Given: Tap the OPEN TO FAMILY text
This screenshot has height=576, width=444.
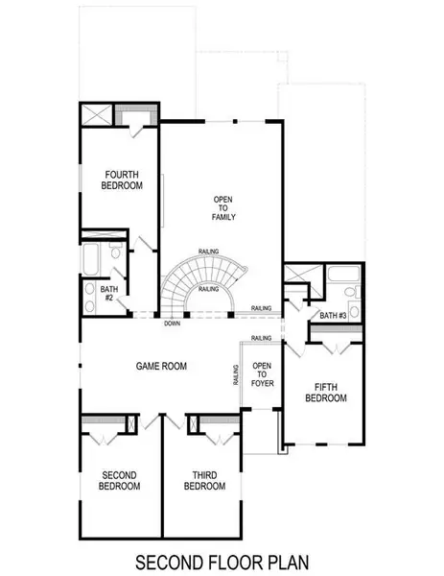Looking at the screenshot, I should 224,208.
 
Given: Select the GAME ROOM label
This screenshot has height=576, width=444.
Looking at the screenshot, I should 160,366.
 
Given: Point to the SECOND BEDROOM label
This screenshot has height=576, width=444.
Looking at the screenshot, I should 121,480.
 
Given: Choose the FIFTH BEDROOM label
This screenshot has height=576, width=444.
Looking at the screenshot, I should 324,393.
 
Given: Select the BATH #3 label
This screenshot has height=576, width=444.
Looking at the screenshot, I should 333,316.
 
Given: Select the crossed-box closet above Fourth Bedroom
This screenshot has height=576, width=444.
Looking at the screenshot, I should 96,113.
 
